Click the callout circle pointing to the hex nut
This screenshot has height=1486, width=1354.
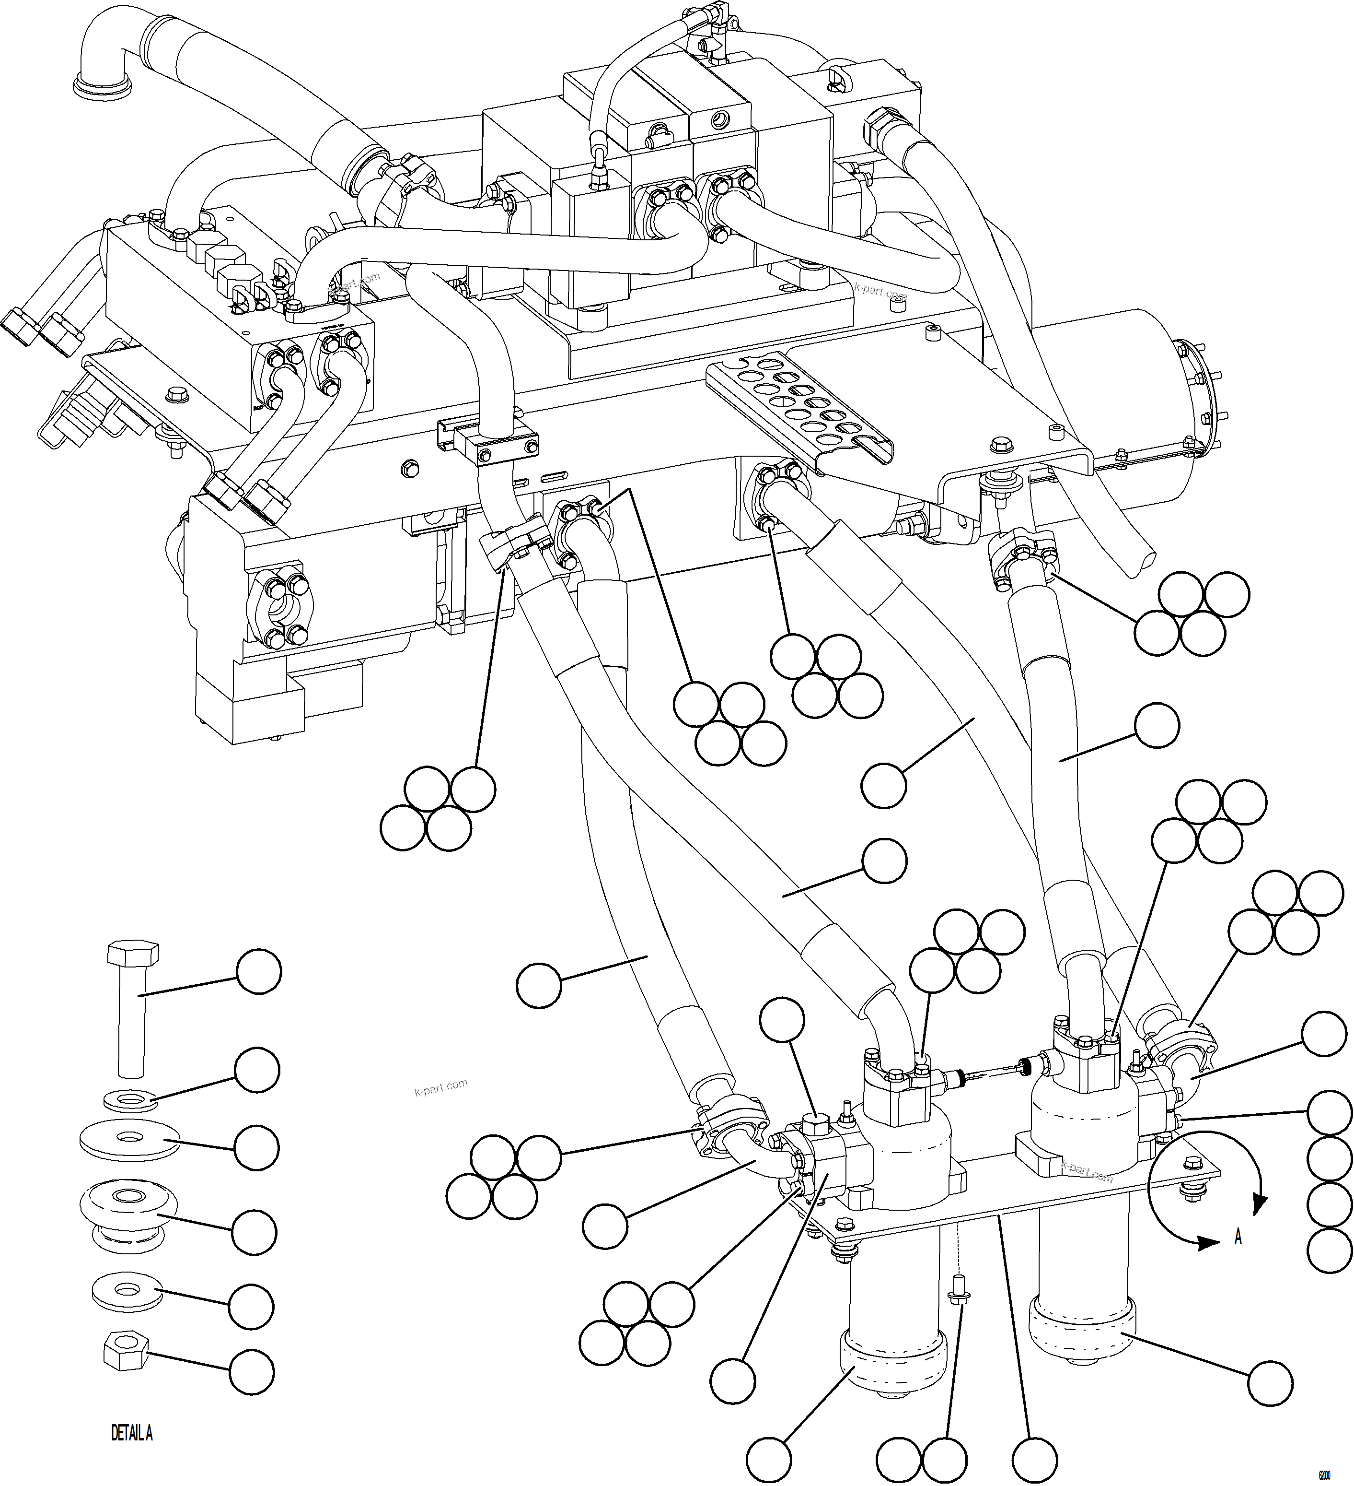pos(251,1371)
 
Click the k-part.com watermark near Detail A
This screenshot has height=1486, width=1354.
pos(440,1087)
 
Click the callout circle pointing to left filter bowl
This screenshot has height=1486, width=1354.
pos(769,1458)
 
